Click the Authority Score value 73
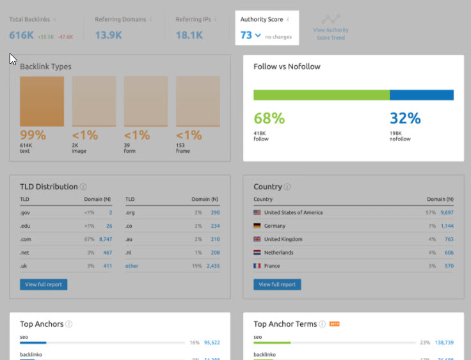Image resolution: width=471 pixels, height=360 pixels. point(246,36)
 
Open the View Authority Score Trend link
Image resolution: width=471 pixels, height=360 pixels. point(331,34)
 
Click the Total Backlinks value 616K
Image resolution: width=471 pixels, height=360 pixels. point(21,36)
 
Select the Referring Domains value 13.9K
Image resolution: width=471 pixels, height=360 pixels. point(108,36)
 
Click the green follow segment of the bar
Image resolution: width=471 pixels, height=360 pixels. point(321,95)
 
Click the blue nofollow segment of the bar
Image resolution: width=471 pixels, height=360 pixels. point(421,95)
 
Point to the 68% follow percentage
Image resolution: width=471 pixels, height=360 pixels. point(269,118)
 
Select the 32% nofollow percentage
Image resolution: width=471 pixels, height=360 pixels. point(405,118)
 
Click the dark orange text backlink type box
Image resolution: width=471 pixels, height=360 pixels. point(42,101)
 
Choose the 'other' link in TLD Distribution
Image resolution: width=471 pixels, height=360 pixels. point(132,266)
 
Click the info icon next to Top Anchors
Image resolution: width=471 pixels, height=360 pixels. point(69,324)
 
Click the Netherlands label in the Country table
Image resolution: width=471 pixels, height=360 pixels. point(279,253)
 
